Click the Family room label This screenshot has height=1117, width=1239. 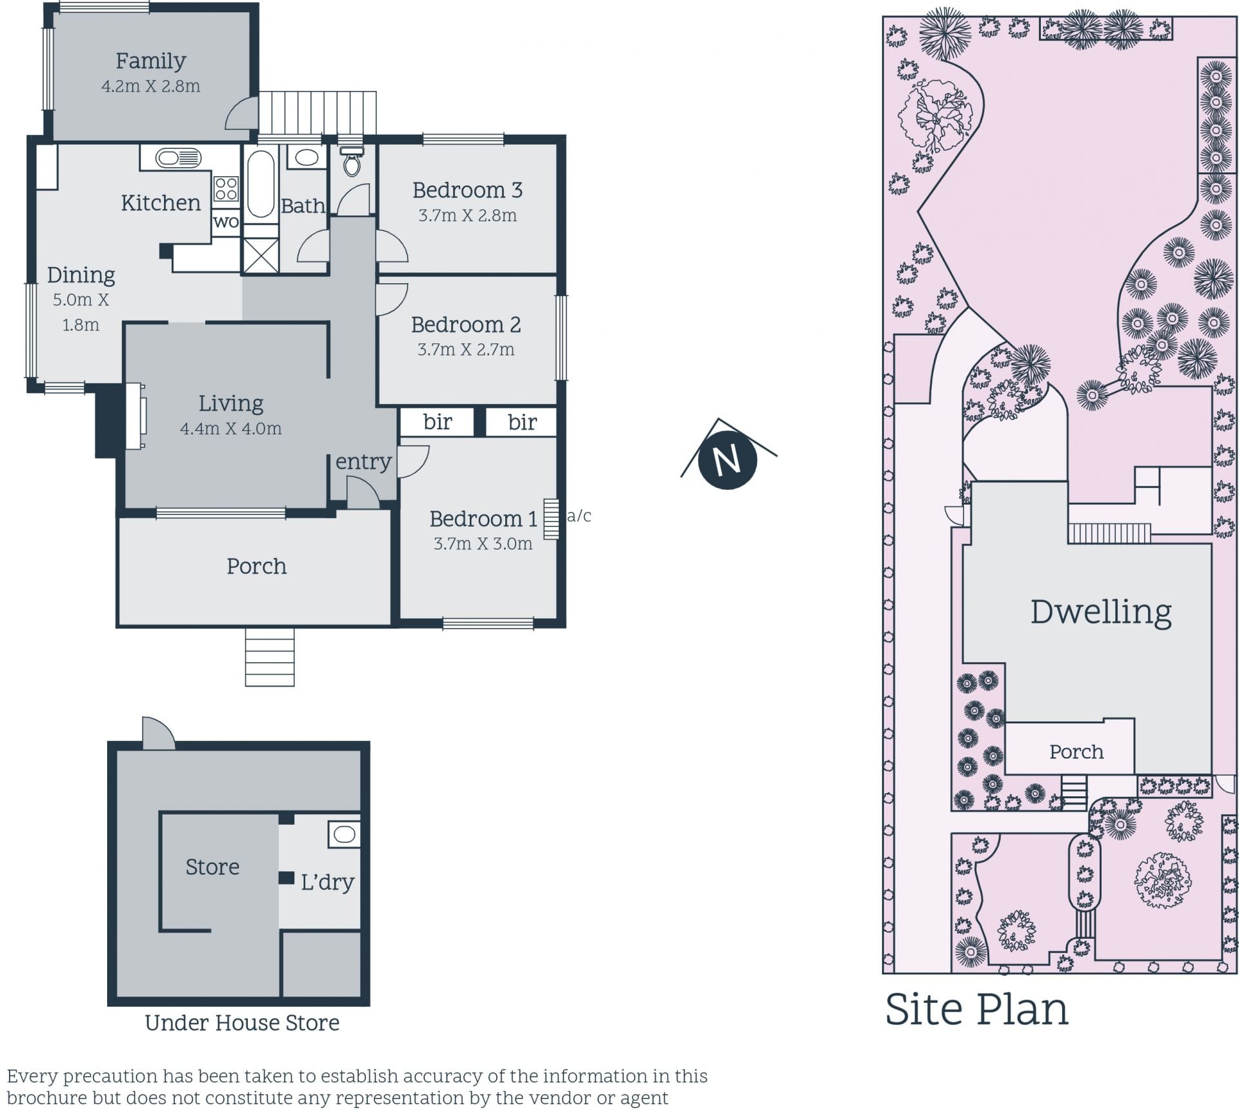coord(151,61)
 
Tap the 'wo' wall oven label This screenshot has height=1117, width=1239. coord(226,222)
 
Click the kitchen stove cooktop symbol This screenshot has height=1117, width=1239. coord(226,189)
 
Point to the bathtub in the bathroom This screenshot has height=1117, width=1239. coord(261,184)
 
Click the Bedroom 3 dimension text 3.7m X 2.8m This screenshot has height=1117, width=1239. coord(467,216)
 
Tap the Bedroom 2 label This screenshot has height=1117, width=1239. coord(466,324)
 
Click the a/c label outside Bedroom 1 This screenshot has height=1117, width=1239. coord(579,516)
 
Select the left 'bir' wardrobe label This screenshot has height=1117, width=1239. coord(438,422)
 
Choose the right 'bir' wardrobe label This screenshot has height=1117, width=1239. coord(522,422)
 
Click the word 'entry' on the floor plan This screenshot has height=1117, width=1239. coord(363,461)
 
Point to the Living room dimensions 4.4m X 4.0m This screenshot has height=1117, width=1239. coord(230,428)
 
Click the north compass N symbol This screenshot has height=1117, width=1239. coord(728,460)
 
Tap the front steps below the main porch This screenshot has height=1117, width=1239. coord(270,657)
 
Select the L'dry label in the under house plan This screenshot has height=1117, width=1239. coord(328,881)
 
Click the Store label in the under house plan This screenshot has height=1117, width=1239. coord(212,867)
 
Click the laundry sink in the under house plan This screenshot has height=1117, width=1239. coord(344,834)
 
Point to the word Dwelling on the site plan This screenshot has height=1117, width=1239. coord(1101,612)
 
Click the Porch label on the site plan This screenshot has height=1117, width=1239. coord(1076,752)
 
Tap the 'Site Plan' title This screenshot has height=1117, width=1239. coord(977,1009)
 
